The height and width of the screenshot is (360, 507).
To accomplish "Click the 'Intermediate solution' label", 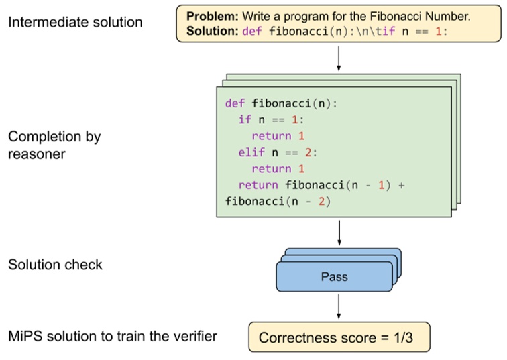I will pyautogui.click(x=75, y=22).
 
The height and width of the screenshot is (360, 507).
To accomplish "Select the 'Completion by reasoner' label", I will pyautogui.click(x=54, y=145).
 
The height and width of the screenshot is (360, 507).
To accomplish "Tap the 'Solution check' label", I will pyautogui.click(x=55, y=265).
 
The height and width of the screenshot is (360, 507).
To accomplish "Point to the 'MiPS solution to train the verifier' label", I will pyautogui.click(x=113, y=336).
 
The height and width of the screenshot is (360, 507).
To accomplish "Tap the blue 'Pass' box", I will pyautogui.click(x=334, y=276).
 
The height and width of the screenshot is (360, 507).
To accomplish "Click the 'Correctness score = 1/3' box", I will pyautogui.click(x=338, y=337).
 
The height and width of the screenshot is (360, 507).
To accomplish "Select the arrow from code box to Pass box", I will pyautogui.click(x=339, y=231).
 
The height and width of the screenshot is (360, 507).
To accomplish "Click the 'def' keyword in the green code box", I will pyautogui.click(x=235, y=103).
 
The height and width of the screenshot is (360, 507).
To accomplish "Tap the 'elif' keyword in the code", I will pyautogui.click(x=251, y=152).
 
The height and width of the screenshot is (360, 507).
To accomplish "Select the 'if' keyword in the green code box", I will pyautogui.click(x=245, y=119).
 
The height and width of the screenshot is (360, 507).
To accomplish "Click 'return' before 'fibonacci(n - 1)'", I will pyautogui.click(x=258, y=185).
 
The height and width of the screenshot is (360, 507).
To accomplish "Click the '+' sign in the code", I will pyautogui.click(x=401, y=185).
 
